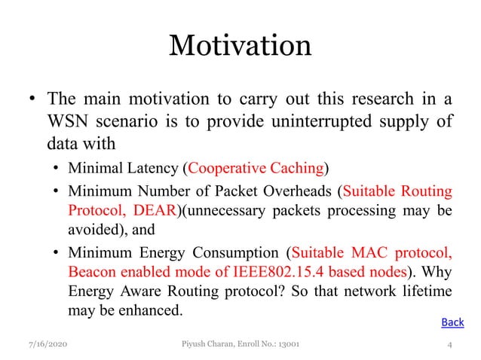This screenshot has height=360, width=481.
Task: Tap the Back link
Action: pos(452,322)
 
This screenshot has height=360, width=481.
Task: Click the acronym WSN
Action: pos(66,121)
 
